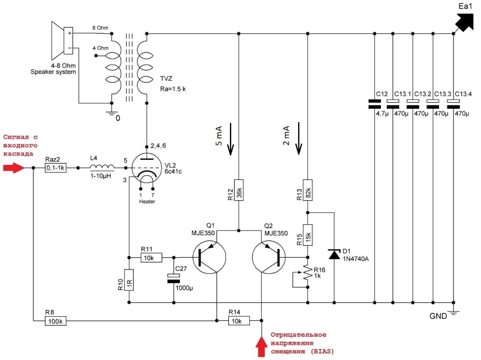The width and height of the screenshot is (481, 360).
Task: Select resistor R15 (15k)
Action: (x=308, y=236)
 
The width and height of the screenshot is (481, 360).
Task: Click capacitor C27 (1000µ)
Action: (x=173, y=278)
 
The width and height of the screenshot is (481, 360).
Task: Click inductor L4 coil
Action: (x=102, y=168)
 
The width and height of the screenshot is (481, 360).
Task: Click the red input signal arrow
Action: (x=13, y=168)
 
